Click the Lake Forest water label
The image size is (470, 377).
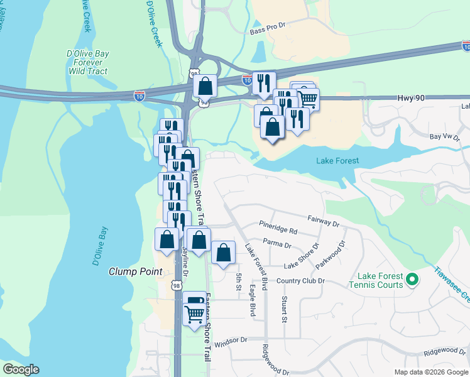point(337,161)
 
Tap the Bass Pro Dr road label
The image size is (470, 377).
point(267,30)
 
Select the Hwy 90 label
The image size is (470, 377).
point(412,99)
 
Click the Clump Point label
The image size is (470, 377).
point(136,271)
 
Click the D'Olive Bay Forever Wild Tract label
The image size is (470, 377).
point(87,62)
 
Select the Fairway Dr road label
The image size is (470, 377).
point(323,220)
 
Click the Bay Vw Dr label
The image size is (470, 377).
point(441,136)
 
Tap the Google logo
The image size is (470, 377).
point(21,369)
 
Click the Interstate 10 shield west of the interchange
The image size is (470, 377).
point(139,95)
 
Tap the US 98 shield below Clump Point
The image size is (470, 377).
point(177,285)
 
